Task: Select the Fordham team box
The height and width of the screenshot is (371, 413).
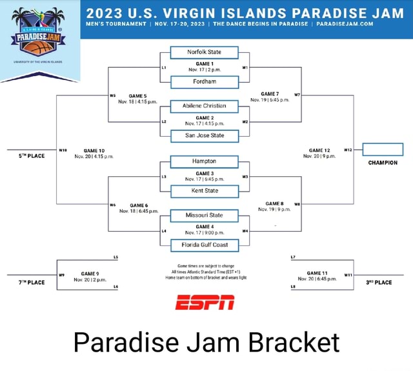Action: point(205,82)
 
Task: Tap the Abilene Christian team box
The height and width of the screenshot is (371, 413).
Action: point(205,106)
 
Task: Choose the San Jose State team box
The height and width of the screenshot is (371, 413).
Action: point(205,135)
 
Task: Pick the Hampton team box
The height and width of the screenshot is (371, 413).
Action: point(205,161)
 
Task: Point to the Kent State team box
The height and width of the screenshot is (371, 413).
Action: point(205,191)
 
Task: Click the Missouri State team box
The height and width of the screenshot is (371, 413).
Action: point(205,216)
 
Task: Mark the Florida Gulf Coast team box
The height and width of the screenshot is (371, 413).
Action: point(205,245)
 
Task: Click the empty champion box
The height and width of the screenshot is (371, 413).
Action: point(383,150)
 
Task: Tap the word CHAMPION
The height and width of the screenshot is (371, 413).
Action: point(383,163)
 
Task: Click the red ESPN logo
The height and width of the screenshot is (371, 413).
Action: point(205,301)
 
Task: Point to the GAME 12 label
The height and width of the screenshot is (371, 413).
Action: point(319,150)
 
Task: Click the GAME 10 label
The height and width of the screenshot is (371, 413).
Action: point(85,150)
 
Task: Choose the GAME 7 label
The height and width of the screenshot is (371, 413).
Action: point(269,94)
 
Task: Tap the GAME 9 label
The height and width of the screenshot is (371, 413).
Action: point(90,274)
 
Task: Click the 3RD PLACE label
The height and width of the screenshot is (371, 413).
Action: point(379,282)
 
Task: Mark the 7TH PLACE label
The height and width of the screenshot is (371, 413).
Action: point(31,282)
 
